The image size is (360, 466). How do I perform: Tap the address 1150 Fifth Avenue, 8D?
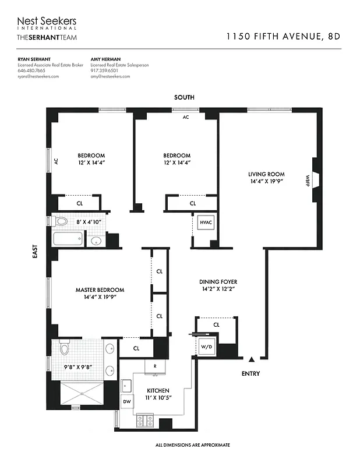coord(283,36)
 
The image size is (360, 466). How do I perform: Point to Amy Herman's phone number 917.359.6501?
coord(104,70)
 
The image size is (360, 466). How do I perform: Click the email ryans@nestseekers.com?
coord(38,76)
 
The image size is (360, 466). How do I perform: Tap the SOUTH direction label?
coord(184,98)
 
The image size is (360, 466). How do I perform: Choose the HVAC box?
coord(206,223)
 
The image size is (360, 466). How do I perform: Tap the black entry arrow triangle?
coord(252,360)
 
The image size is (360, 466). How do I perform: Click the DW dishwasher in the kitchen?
coord(126,402)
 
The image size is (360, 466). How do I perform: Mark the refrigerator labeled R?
coord(154,366)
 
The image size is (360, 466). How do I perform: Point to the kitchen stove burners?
coord(144,419)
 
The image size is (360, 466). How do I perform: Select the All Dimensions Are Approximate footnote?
coord(192,445)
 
